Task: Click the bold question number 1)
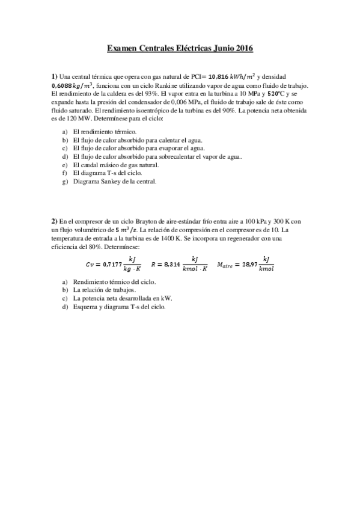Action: (x=54, y=77)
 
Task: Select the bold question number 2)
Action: (x=54, y=221)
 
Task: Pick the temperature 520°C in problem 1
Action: (x=276, y=94)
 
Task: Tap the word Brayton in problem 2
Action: (x=145, y=221)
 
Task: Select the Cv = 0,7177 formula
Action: (x=115, y=263)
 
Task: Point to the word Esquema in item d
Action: (x=85, y=306)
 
